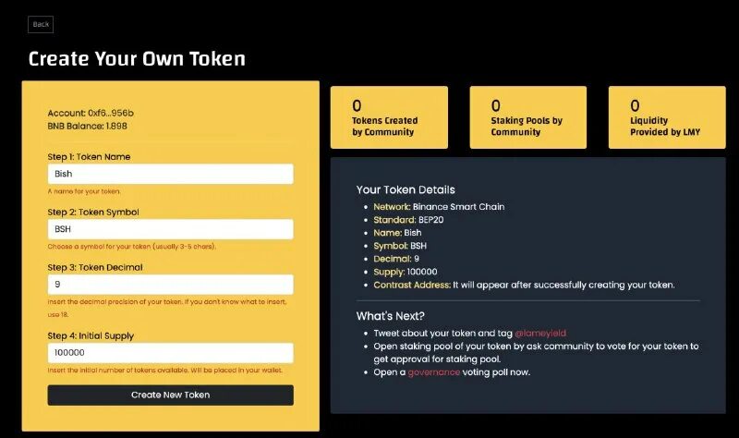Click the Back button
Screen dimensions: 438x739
41,24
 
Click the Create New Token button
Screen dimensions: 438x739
170,395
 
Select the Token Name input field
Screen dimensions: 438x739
170,174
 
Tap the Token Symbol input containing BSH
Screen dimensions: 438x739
170,229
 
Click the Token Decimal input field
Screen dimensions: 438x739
170,285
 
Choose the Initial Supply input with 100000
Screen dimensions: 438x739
170,353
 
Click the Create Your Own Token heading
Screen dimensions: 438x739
137,59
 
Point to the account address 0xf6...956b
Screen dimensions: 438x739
111,113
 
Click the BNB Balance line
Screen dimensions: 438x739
88,126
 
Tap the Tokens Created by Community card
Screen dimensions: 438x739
389,117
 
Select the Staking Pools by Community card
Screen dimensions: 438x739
527,117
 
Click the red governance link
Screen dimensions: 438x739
433,372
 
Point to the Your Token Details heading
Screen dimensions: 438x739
406,189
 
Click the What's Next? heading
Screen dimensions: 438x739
391,316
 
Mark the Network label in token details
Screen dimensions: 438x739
392,207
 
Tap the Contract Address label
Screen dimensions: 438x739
412,285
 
